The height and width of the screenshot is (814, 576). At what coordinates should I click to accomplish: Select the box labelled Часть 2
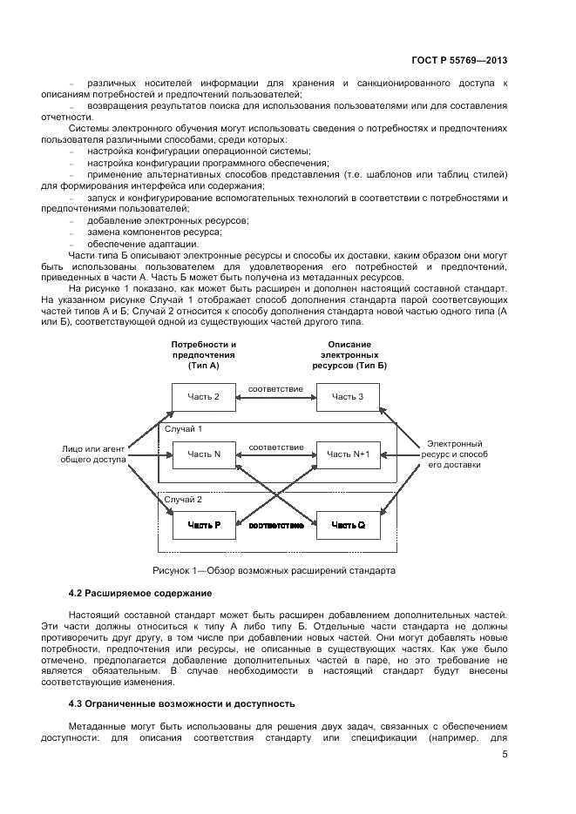tap(204, 398)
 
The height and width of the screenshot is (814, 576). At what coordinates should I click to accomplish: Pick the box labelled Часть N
tap(204, 454)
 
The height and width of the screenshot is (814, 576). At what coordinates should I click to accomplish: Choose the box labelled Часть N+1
tap(348, 454)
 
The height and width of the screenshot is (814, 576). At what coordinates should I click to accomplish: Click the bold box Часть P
tap(204, 526)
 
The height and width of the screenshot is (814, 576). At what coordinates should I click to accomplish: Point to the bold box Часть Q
tap(348, 526)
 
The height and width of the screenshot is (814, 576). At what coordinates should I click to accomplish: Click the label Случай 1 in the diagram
tap(183, 429)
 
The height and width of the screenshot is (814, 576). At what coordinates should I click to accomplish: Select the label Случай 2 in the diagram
tap(183, 500)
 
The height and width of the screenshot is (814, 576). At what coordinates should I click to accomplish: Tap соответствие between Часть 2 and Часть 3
tap(275, 388)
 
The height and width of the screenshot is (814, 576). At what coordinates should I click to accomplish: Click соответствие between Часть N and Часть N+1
tap(275, 447)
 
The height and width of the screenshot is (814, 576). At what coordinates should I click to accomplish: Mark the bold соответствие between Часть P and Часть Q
tap(275, 526)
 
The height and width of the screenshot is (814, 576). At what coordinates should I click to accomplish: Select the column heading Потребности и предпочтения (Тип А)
tap(203, 355)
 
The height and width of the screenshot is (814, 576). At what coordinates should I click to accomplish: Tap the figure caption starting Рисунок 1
tap(274, 571)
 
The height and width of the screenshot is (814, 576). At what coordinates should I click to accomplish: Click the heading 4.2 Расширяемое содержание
tap(139, 593)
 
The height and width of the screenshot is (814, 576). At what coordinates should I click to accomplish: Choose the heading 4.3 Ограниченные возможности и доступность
tap(182, 703)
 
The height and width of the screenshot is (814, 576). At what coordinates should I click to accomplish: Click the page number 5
tap(505, 755)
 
